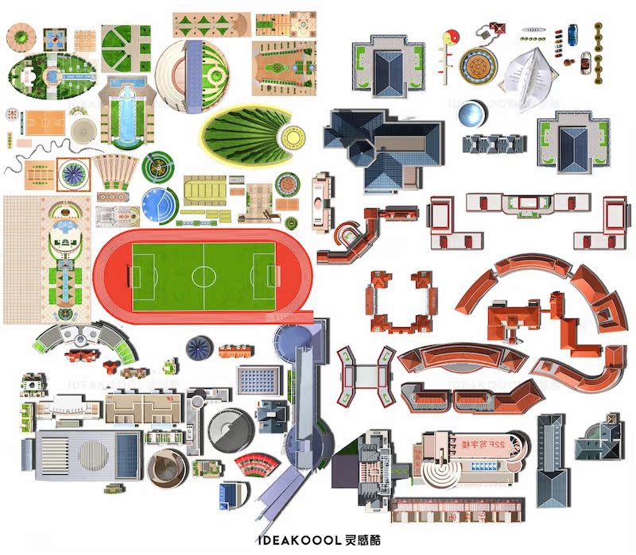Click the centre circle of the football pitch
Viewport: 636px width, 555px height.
click(x=204, y=276)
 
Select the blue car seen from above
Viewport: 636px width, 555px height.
click(x=572, y=33)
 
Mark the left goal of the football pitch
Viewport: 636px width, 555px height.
click(x=134, y=276)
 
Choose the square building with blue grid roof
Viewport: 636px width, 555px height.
click(x=259, y=380)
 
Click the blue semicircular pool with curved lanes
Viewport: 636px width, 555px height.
click(x=157, y=203)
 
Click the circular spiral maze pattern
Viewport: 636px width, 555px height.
click(x=82, y=129)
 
